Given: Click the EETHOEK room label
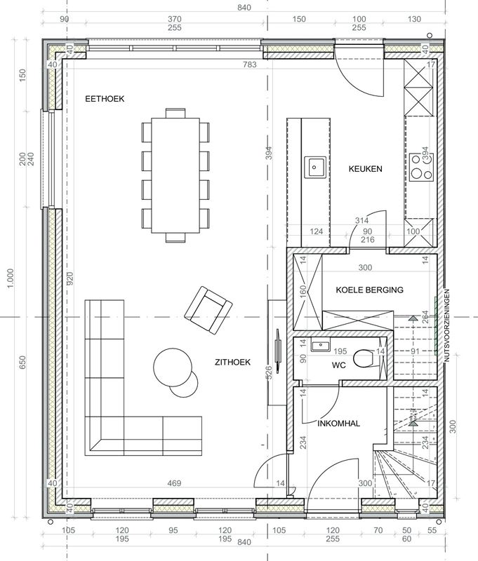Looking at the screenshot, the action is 105,99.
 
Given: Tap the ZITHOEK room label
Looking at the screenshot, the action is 233,362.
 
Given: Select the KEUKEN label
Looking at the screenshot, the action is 366,169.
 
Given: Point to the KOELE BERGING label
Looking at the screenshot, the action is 369,290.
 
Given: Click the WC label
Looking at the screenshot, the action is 339,365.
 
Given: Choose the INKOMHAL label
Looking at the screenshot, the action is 339,424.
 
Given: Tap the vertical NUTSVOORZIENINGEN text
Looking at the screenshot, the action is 446,325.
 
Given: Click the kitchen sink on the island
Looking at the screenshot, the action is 315,167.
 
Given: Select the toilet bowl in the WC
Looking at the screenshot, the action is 363,358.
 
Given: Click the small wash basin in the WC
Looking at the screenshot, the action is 320,346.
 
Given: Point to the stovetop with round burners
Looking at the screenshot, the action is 421,167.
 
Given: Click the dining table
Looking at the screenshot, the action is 175,175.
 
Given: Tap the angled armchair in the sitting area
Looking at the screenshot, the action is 208,310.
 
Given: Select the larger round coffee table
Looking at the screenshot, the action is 173,367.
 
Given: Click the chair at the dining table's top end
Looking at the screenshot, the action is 175,113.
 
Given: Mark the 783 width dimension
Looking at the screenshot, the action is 250,65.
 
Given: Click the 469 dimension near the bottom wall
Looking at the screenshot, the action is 174,483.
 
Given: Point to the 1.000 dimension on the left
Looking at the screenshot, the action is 11,278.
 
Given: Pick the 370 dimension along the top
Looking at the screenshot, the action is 175,19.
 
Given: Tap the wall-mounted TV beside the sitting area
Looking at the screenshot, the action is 277,347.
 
